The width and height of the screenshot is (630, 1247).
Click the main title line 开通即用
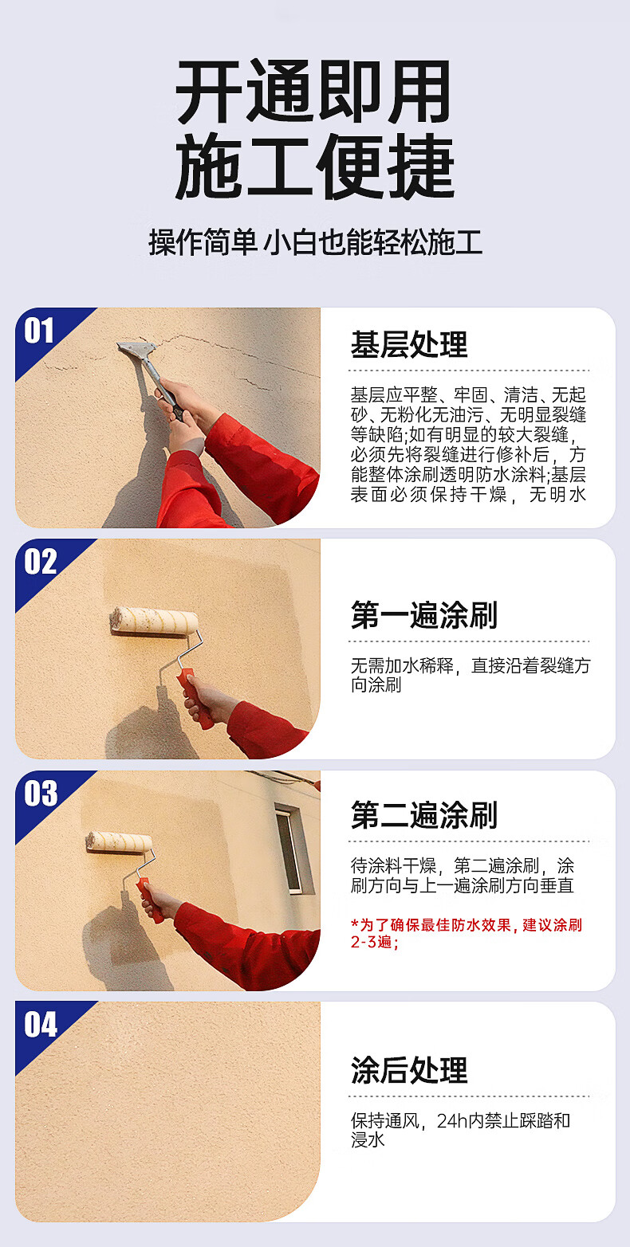[x=313, y=92]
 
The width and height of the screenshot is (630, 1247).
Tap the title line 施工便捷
[x=315, y=167]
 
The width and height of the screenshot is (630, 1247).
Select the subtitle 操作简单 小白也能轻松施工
[x=315, y=243]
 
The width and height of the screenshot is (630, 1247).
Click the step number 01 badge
[x=38, y=331]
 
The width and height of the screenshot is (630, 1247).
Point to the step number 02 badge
[x=40, y=562]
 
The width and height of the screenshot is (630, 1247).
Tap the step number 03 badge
[x=40, y=794]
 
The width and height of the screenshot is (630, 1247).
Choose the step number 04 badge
[x=40, y=1025]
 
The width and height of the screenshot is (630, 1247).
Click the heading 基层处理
[x=409, y=344]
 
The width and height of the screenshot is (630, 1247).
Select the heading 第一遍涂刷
[x=424, y=615]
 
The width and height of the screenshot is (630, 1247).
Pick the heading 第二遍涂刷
[x=424, y=815]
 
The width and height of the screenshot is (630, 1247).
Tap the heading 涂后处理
[x=409, y=1070]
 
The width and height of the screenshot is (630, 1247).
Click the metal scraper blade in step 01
[x=136, y=350]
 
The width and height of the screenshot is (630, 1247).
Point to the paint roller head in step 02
[x=154, y=622]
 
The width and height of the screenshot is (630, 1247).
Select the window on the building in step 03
[x=289, y=849]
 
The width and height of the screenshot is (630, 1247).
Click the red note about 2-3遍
[x=467, y=934]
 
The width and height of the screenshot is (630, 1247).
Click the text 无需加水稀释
[x=402, y=665]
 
